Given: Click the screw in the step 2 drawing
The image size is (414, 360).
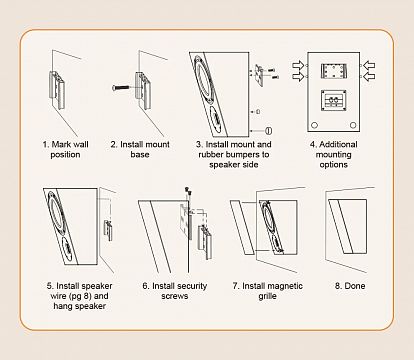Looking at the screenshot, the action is point(121,88).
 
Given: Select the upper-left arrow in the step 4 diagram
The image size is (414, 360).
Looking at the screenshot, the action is point(298,65).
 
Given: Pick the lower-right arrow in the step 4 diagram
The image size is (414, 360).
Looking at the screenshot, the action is point(369,76).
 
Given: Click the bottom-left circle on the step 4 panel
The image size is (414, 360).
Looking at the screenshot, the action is point(314,125).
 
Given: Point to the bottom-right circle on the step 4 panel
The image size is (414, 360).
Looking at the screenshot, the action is point(353,125).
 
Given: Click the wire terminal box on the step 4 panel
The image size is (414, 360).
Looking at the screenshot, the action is point(334,100).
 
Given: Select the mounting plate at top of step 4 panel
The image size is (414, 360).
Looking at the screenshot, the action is point(334,71).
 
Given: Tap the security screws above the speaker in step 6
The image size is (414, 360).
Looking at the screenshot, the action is point(189,191).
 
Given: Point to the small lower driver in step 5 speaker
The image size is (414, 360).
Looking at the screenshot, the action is point(68,248).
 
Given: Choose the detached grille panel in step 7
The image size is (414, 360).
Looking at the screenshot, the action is point(243,228).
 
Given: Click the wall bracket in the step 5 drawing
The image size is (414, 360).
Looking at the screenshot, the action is point(108,230).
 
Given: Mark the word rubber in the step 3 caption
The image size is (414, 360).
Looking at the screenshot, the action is point(211,155).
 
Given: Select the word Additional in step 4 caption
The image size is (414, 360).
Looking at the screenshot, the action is point(338,144).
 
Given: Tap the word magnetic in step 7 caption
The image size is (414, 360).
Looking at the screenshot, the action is point(285,286).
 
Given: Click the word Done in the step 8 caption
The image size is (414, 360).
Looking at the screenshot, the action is point(355,286).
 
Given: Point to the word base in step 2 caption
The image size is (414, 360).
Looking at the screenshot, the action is point(140,155).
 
